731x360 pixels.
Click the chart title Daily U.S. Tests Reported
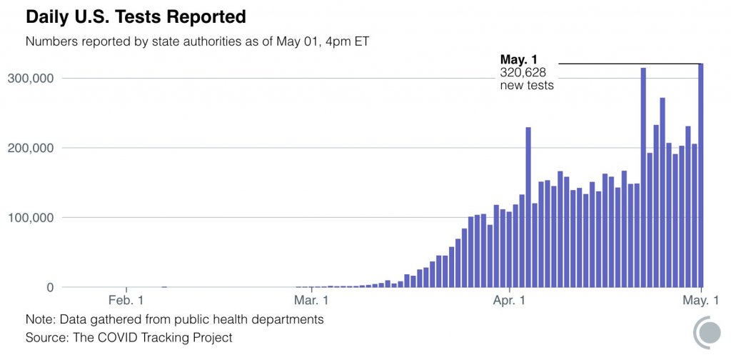click(x=136, y=16)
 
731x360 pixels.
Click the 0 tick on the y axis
click(x=49, y=287)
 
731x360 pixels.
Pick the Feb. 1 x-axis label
click(x=126, y=301)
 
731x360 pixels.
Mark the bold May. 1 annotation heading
click(x=519, y=59)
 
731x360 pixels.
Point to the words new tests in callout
click(x=527, y=85)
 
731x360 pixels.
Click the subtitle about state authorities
click(x=196, y=41)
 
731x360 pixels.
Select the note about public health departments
click(x=174, y=319)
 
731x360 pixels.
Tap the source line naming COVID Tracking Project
click(x=128, y=336)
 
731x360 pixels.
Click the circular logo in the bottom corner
click(x=708, y=333)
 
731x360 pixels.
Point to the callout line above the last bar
click(x=628, y=64)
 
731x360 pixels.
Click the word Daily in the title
click(x=47, y=16)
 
